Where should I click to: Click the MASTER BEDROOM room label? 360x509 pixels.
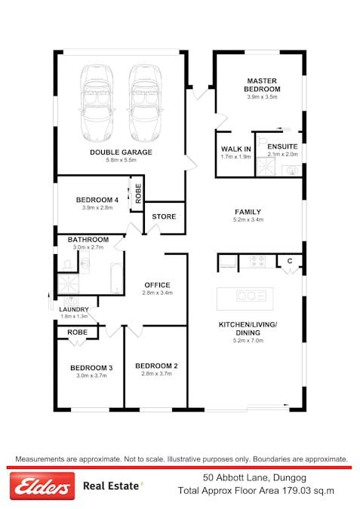tap(262, 84)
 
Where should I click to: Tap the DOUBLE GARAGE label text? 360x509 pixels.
tap(121, 152)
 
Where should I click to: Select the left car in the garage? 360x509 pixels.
tap(97, 103)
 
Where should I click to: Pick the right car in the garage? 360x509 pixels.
tap(145, 103)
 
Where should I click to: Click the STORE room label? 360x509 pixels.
tap(164, 216)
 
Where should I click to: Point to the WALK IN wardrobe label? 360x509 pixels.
tap(236, 149)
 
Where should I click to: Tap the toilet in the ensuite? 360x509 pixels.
tap(263, 141)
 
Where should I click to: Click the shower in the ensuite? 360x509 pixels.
tap(266, 167)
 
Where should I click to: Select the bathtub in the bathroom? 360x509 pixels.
tap(117, 277)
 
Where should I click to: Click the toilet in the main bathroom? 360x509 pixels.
tap(68, 265)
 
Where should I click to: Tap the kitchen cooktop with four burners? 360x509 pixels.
tap(257, 261)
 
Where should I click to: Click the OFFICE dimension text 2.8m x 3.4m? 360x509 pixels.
tap(157, 293)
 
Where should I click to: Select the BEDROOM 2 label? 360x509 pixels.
tap(157, 366)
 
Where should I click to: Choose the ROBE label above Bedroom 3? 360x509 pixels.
tap(77, 332)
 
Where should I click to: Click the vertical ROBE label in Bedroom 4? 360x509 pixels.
tap(138, 194)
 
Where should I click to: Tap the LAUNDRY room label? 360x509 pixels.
tap(74, 309)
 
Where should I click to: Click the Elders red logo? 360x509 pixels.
tap(42, 486)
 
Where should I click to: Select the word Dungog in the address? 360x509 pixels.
tap(290, 478)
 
